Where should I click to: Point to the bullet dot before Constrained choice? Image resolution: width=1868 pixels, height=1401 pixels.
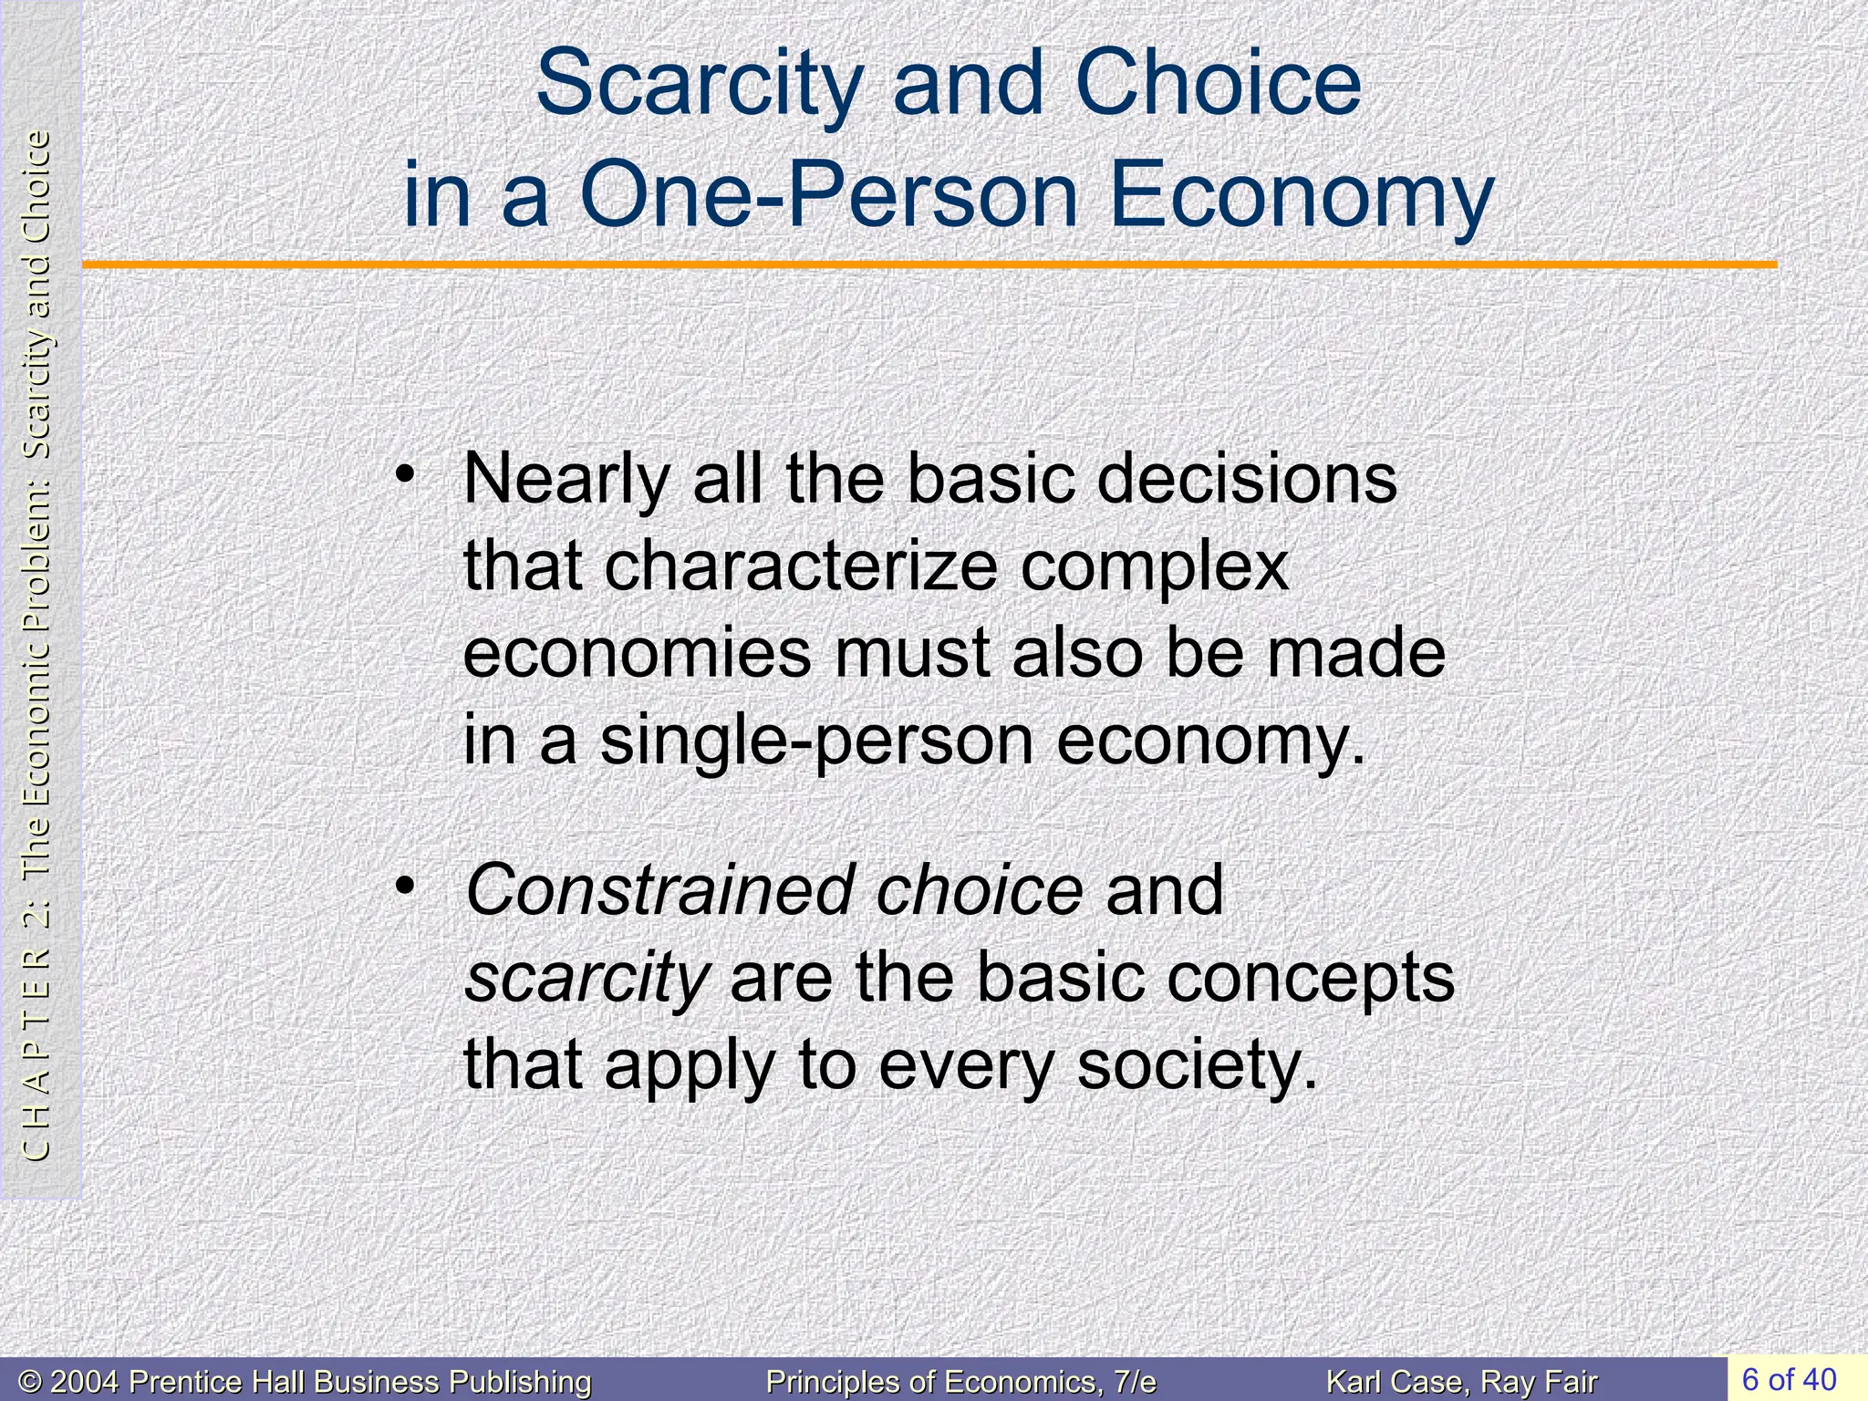point(404,885)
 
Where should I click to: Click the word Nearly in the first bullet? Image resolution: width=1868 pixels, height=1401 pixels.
point(566,479)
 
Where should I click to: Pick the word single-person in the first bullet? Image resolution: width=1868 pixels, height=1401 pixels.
point(816,741)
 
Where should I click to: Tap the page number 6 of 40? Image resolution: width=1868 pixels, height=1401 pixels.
point(1789,1378)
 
